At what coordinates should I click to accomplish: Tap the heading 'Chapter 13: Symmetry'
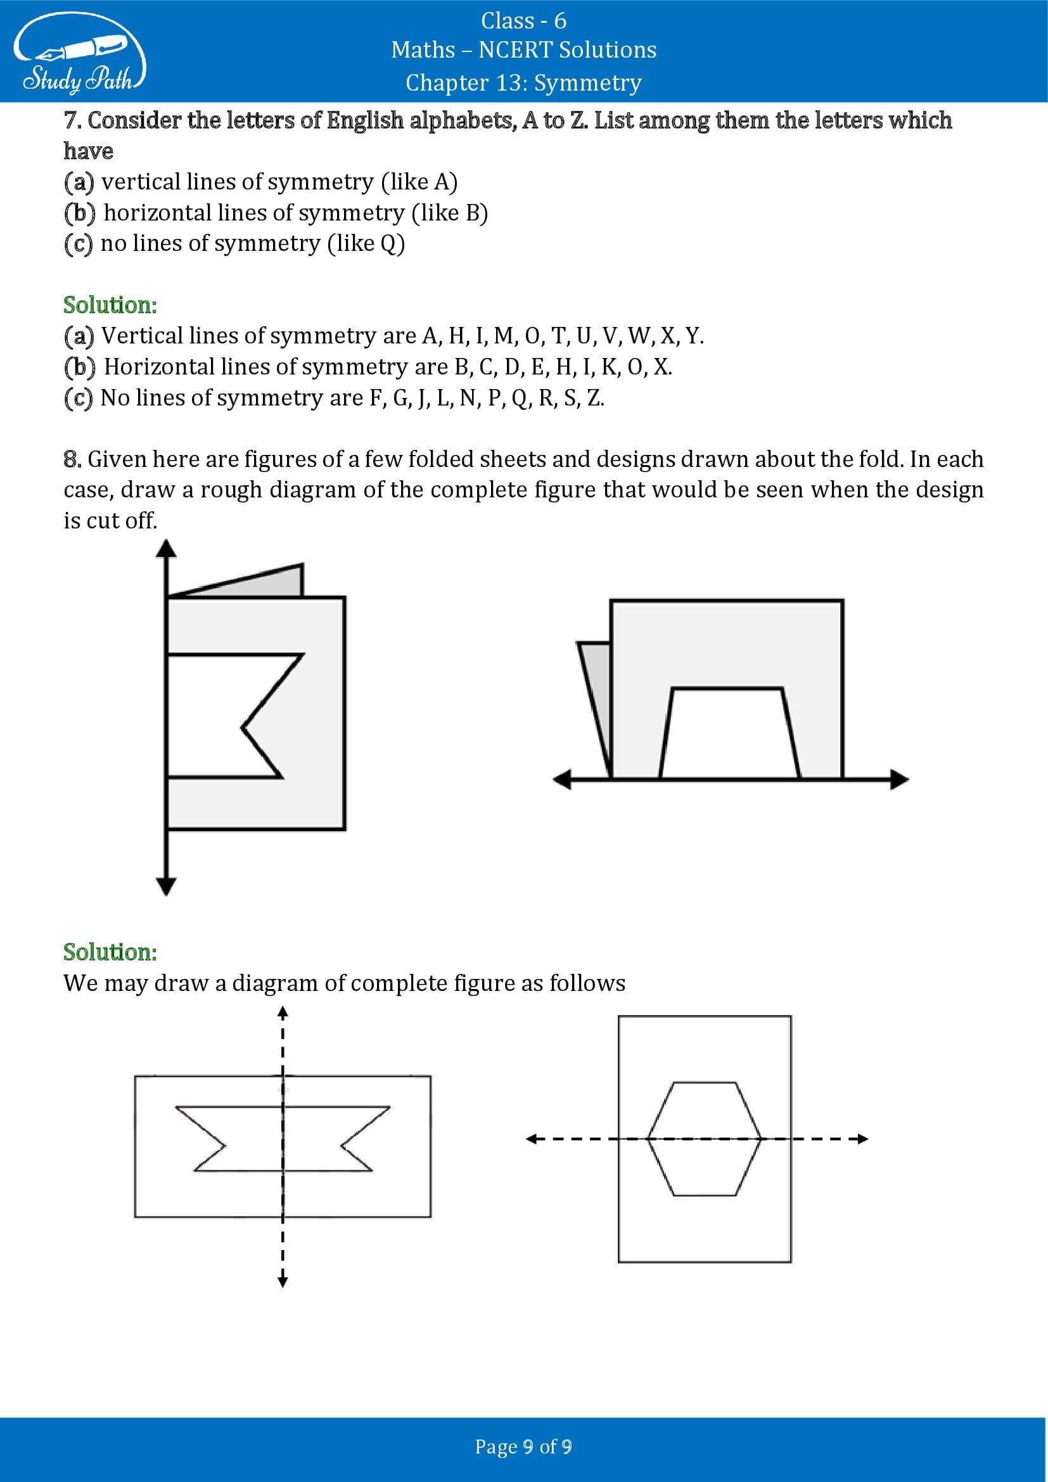tap(523, 82)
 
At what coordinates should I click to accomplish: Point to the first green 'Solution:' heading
tap(110, 305)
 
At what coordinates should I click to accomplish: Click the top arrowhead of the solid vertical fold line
tap(167, 549)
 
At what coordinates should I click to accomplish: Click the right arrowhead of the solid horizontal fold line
tap(900, 779)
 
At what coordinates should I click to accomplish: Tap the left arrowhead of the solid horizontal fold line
tap(562, 779)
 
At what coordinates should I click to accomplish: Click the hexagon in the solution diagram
tap(704, 1139)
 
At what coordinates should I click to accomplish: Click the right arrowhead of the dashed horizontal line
tap(862, 1139)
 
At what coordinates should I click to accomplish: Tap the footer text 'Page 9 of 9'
tap(523, 1447)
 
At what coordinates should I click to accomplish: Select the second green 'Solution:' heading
tap(110, 952)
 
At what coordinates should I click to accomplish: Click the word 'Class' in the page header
tap(508, 21)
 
